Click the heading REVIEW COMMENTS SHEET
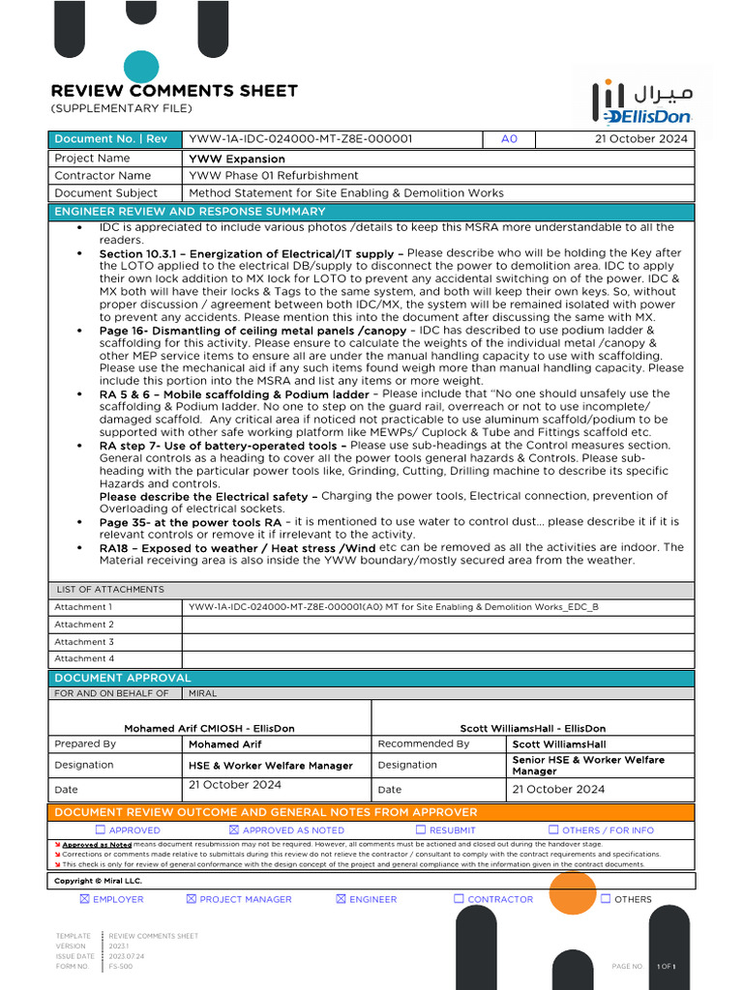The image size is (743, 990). point(174,91)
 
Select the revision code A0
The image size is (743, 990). point(509,139)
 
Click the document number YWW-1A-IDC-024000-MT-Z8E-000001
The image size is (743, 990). point(301,139)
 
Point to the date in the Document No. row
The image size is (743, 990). point(641,139)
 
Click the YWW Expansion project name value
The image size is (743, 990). point(237,159)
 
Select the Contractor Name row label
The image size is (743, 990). point(103,176)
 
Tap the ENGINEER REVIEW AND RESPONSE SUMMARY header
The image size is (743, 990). point(190,212)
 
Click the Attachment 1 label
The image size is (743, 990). point(83,607)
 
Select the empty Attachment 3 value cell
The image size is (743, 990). point(437,642)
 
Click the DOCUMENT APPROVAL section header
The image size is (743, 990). point(123,678)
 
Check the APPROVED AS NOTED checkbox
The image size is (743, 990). point(233,830)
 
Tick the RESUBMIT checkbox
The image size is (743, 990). point(421,830)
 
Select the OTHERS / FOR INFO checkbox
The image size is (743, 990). point(553,830)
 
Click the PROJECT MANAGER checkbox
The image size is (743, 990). point(191,899)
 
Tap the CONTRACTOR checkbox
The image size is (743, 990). point(459,899)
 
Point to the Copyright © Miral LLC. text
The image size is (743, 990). point(98,881)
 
